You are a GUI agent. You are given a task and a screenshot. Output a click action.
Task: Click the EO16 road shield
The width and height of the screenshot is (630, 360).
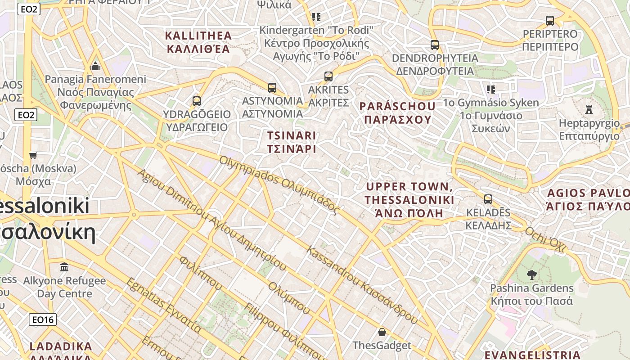pos(43,320)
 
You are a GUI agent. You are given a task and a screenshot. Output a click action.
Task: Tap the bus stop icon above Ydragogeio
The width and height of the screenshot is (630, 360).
pos(196,101)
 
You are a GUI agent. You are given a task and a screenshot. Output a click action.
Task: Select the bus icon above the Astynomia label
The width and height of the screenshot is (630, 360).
pos(272,88)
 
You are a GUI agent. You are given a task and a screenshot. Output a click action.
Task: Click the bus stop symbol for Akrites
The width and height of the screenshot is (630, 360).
pos(328,76)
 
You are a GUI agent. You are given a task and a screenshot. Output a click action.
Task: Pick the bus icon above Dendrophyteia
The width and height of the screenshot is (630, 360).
pos(434,45)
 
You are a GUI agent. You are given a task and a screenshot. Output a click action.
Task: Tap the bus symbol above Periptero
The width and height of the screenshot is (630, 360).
pos(549,21)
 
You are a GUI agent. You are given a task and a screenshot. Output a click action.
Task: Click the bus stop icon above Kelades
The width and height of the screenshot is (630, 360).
pos(488,199)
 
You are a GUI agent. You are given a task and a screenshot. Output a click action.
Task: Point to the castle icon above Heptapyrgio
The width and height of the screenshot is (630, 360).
pos(589,109)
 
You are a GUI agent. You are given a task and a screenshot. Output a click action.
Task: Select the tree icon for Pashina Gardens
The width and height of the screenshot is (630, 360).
pos(531,274)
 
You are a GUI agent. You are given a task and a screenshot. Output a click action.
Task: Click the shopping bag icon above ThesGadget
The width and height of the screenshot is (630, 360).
pos(382,333)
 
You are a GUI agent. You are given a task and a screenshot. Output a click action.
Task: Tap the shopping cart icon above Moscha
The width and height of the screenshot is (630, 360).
pos(33,156)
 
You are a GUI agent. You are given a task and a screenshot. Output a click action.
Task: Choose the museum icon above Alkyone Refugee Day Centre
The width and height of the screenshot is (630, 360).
pos(64,267)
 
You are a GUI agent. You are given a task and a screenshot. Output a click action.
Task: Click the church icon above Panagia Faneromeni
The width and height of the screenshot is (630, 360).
pos(95,67)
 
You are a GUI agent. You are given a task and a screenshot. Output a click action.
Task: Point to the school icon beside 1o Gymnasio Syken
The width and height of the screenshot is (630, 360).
pos(490,90)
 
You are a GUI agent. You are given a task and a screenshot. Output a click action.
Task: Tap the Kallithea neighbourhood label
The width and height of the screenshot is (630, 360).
pos(198,42)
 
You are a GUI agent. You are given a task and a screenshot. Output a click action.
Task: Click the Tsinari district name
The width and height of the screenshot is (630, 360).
pos(292,142)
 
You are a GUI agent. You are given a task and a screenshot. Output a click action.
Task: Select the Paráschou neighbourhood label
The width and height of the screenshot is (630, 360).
pos(397,113)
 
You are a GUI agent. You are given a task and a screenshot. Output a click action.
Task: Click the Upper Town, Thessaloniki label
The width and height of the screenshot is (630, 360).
pos(409,200)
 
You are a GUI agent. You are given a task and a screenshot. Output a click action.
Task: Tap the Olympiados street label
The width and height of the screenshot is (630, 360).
pos(279,184)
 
